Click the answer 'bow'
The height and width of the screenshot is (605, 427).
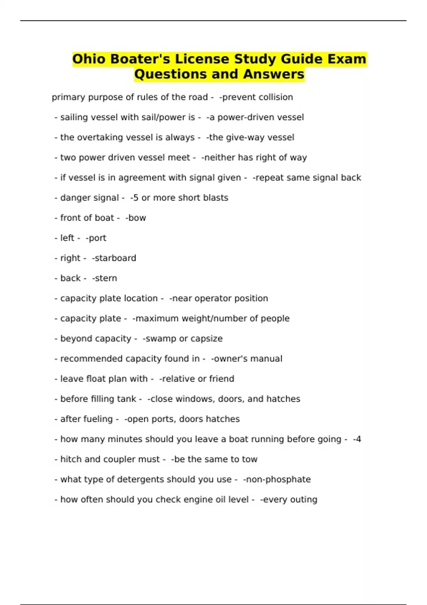tap(137, 218)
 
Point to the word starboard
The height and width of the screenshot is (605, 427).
tap(115, 258)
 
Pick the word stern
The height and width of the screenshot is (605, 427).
tap(106, 278)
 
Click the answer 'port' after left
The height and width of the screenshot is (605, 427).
tap(97, 238)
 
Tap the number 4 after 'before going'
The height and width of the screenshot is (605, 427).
tap(358, 439)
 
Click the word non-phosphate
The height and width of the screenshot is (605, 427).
tap(278, 479)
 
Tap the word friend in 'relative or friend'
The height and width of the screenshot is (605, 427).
tap(222, 379)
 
